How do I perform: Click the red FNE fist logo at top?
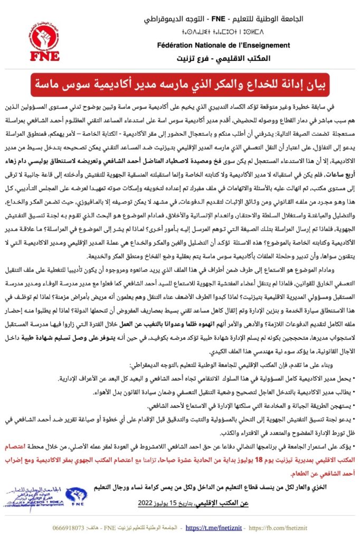pos(46,39)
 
